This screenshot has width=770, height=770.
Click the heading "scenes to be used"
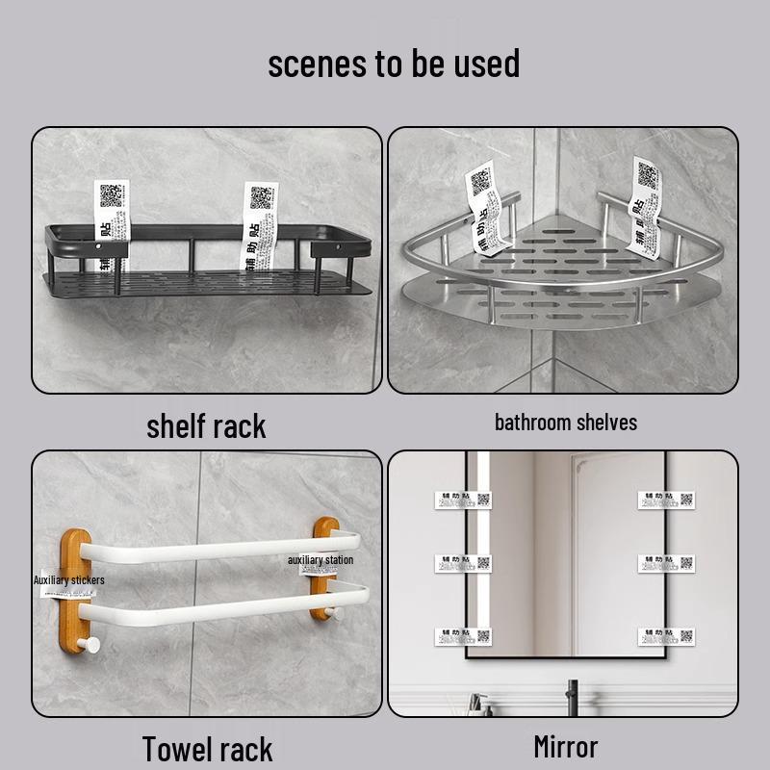tap(394, 64)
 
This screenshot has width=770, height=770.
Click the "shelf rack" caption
tap(206, 426)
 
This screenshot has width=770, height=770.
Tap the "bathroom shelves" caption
tap(565, 422)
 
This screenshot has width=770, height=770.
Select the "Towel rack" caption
tap(207, 748)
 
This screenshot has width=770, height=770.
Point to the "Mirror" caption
tap(565, 746)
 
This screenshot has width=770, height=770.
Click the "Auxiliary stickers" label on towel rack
tap(68, 580)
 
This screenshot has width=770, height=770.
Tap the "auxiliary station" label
tap(321, 559)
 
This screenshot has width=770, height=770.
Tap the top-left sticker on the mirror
tap(462, 500)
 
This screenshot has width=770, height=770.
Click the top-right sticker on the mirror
tap(666, 500)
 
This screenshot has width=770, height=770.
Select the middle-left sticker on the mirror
tap(462, 563)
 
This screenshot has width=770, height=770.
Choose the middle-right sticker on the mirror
tap(666, 563)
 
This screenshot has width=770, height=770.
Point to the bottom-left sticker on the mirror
tap(462, 636)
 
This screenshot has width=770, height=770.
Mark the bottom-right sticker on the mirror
tap(666, 636)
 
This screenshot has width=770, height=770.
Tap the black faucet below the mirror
tap(573, 698)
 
